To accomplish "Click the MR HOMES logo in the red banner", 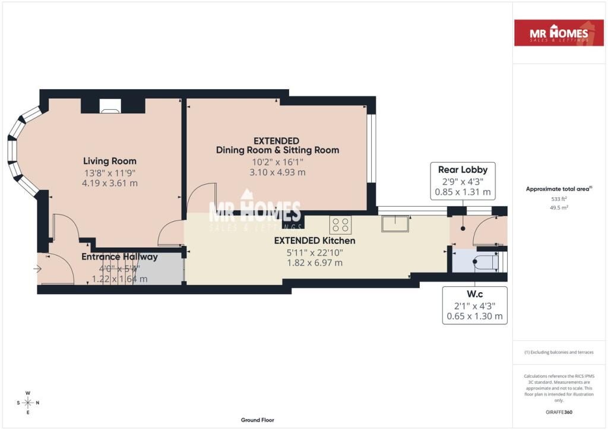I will click(x=559, y=33).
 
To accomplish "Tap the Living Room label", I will click(x=110, y=161).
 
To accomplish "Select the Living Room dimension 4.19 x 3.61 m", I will click(x=110, y=183).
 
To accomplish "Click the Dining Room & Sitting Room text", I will click(x=277, y=150).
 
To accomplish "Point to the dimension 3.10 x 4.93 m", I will click(x=277, y=172).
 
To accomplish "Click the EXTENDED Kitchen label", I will click(x=314, y=241).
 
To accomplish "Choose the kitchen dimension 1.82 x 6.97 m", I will click(x=314, y=263).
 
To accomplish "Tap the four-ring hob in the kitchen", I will click(x=340, y=225).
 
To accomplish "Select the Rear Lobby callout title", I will click(x=463, y=170).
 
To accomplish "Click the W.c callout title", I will click(x=474, y=294).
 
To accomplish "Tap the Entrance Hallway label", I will click(x=119, y=257).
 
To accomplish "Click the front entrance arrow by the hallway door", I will click(x=38, y=269).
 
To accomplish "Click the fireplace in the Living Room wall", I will click(x=110, y=106).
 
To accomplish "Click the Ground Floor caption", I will click(x=258, y=420).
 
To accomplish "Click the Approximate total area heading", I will click(x=558, y=189).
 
